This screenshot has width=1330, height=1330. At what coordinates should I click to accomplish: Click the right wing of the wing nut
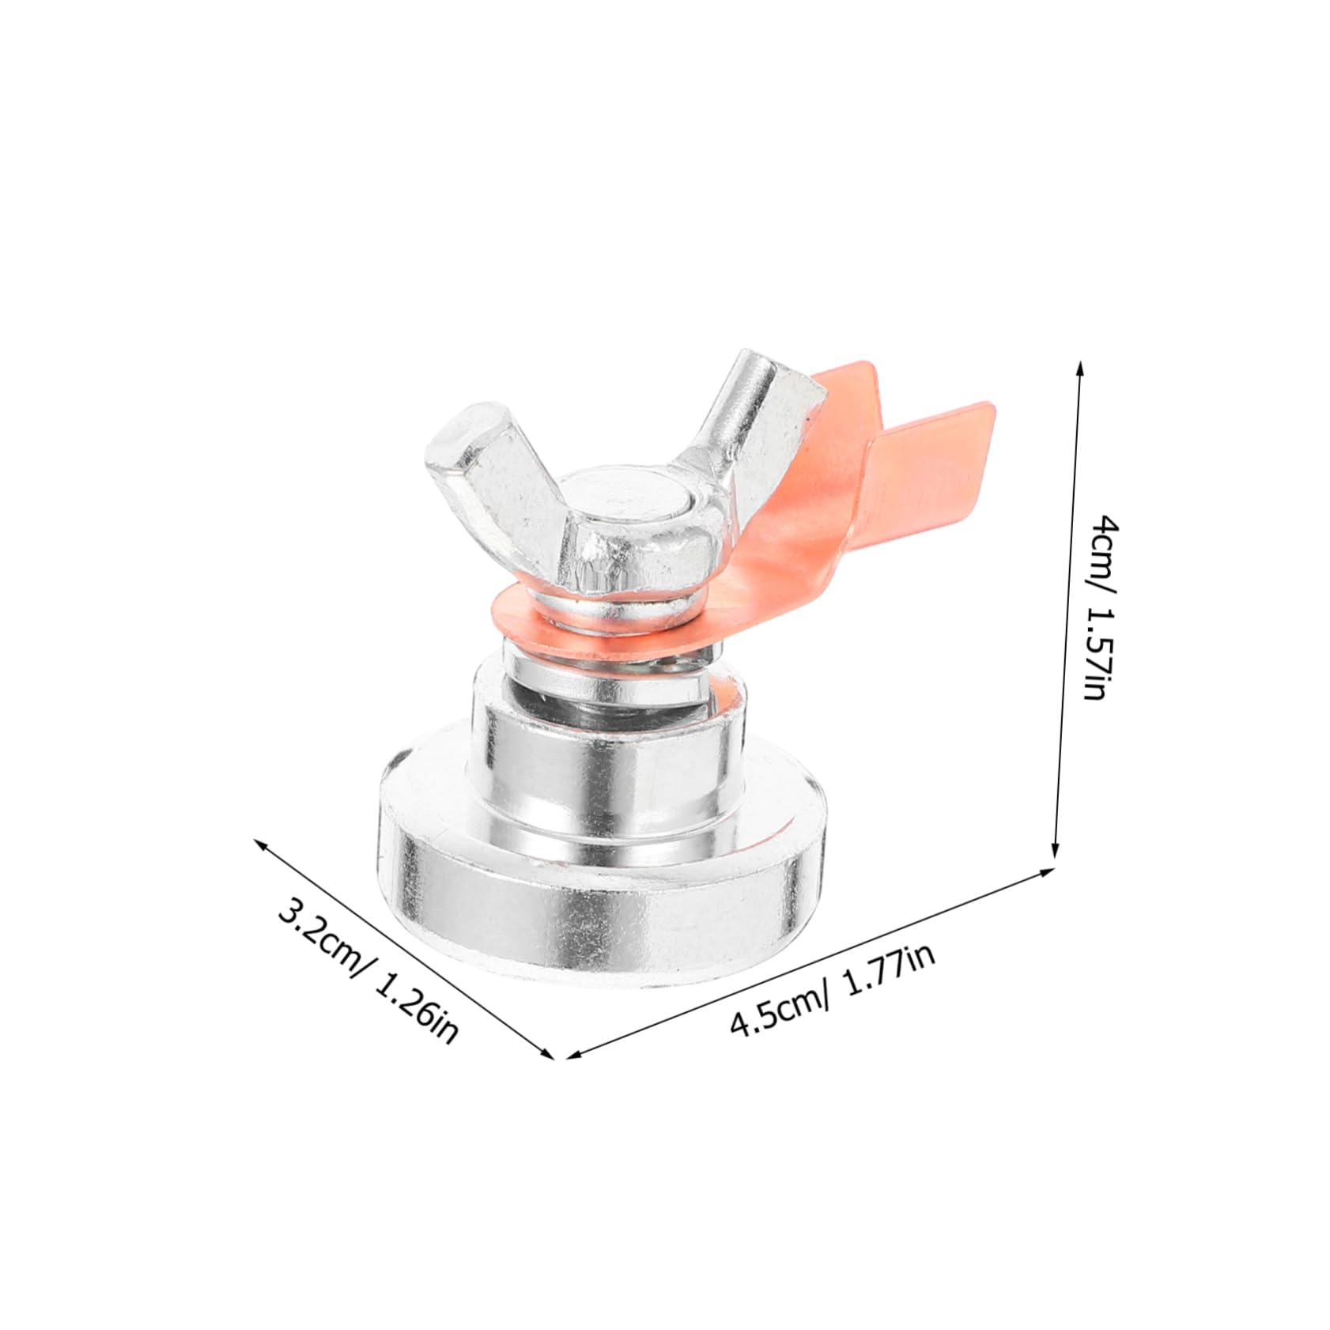tap(759, 411)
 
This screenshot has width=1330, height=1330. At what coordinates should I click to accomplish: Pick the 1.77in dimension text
tap(886, 971)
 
